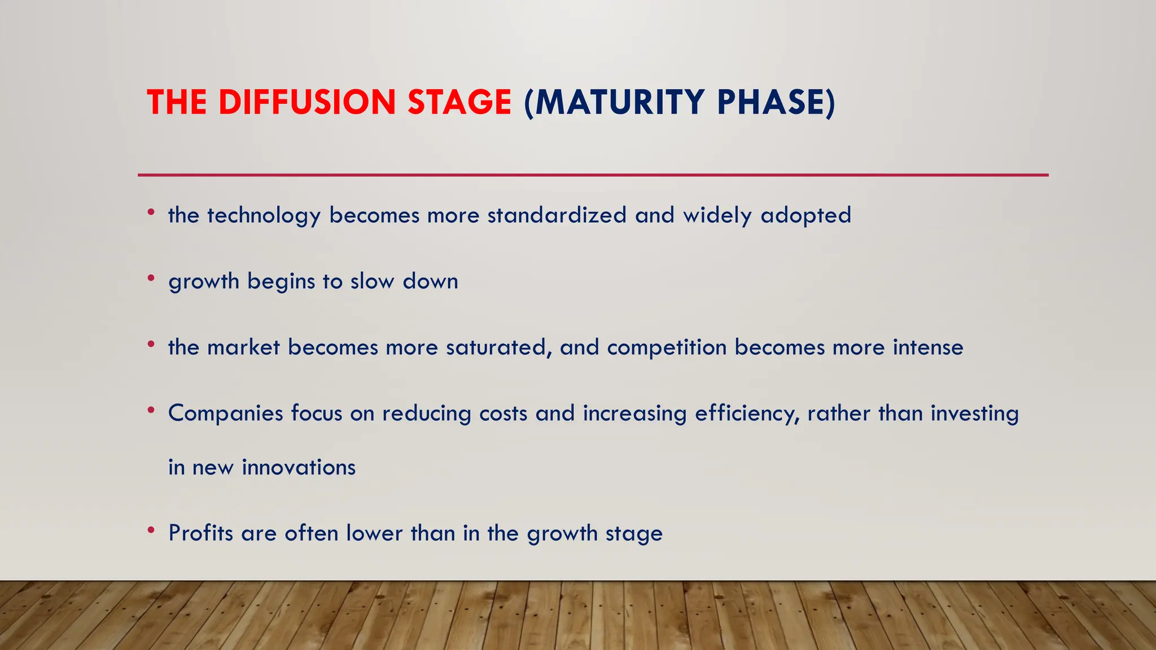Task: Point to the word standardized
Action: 557,216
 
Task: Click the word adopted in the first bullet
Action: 805,216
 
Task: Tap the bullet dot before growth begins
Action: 151,278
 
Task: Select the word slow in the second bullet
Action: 372,281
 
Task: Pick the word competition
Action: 667,348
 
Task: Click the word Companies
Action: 226,414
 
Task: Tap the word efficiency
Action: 747,414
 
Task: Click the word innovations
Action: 299,468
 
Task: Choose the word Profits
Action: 201,533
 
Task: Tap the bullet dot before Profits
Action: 151,530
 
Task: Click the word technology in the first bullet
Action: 264,216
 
